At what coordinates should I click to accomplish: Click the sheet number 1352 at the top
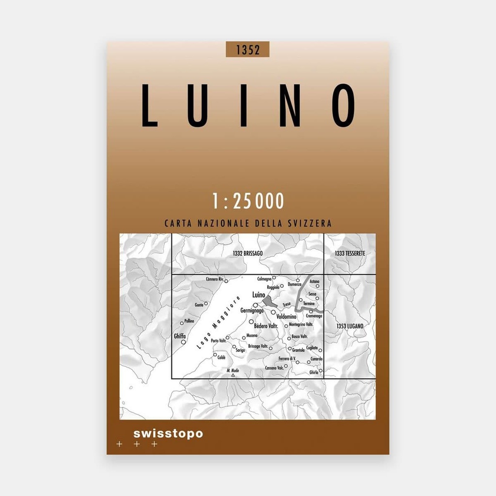click(247, 50)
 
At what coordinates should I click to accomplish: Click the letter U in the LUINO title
click(195, 106)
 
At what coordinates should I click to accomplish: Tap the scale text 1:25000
click(248, 201)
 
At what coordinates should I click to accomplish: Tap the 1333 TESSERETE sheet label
click(349, 254)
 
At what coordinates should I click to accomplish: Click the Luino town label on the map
click(259, 295)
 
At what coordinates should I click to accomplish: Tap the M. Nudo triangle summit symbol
click(233, 375)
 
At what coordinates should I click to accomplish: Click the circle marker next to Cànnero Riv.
click(226, 280)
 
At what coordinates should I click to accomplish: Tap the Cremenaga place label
click(314, 316)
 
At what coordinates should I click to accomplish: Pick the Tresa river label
click(287, 304)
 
